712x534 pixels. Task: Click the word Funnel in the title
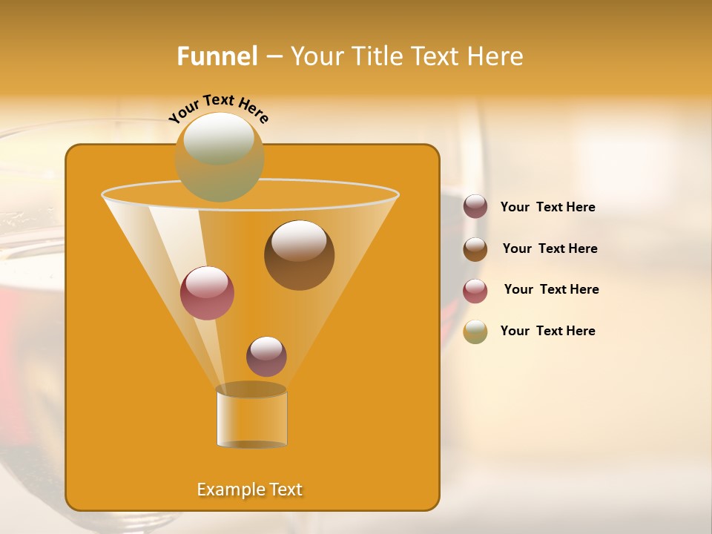coord(217,56)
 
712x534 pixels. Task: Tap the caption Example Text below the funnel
coord(249,489)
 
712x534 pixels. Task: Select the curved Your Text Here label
coord(218,107)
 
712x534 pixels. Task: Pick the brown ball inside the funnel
coord(299,254)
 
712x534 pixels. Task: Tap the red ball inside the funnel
coord(207,292)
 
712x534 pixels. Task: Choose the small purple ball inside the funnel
coord(266,356)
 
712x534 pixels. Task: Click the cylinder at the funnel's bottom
coord(251,419)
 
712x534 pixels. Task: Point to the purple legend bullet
coord(475,207)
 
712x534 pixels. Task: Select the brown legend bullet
coord(475,249)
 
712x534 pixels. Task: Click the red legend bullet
coord(475,291)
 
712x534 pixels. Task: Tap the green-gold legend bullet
coord(475,332)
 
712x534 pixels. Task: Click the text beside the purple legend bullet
coord(547,208)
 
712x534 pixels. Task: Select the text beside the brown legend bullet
coord(550,249)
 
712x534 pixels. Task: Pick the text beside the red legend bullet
coord(551,290)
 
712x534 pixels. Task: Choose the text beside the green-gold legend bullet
coord(547,332)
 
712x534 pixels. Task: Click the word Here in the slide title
coord(496,56)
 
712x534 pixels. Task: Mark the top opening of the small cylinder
coord(251,389)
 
